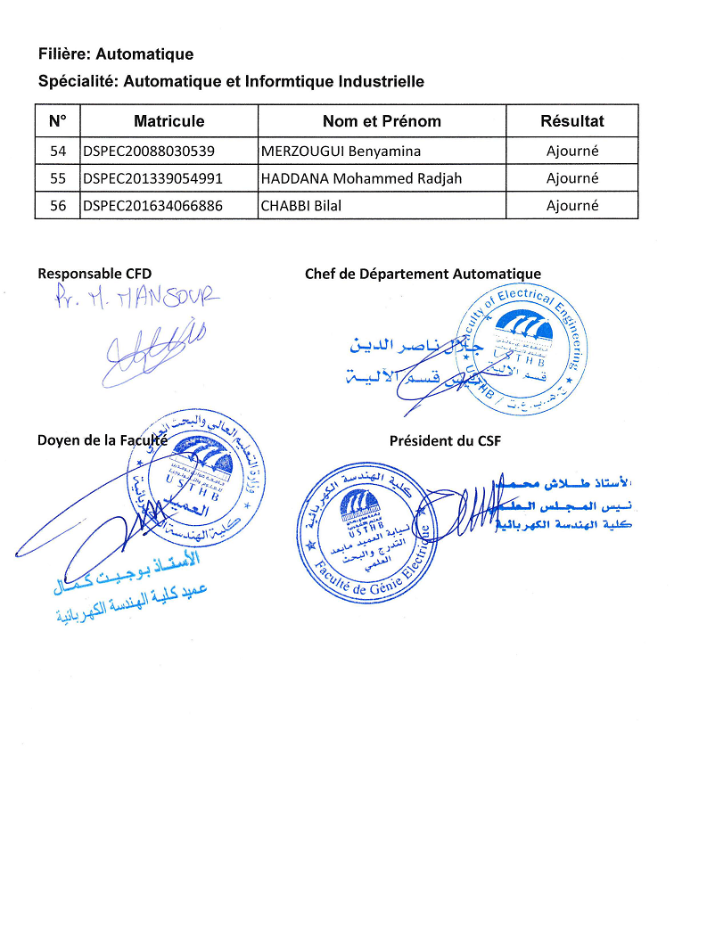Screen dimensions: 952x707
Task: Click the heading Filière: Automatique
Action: point(116,55)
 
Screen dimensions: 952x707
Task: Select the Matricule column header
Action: point(169,121)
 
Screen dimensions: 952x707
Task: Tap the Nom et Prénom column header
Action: point(382,121)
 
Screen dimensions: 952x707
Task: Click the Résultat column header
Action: point(571,121)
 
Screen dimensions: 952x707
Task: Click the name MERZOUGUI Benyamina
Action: point(341,151)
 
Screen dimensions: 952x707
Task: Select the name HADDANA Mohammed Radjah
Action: point(361,178)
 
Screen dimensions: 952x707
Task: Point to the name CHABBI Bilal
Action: point(301,206)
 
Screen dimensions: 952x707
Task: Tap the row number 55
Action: point(58,178)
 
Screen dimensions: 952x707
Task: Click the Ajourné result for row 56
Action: point(571,206)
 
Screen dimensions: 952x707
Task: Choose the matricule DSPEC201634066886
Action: point(152,206)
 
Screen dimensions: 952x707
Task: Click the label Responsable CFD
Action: point(101,274)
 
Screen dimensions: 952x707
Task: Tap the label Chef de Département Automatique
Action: point(423,274)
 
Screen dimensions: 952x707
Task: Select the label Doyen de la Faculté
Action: point(103,439)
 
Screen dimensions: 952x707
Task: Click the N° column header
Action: point(58,121)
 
